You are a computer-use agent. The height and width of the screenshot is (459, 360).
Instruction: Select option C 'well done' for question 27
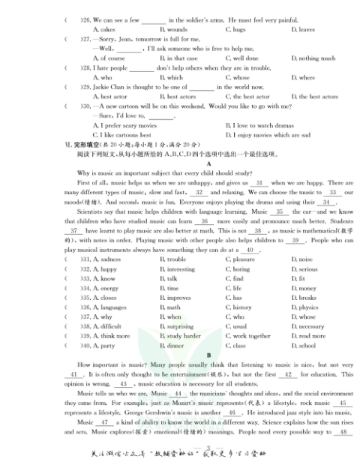[241, 58]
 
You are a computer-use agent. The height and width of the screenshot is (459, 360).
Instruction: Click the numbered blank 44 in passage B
[177, 393]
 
